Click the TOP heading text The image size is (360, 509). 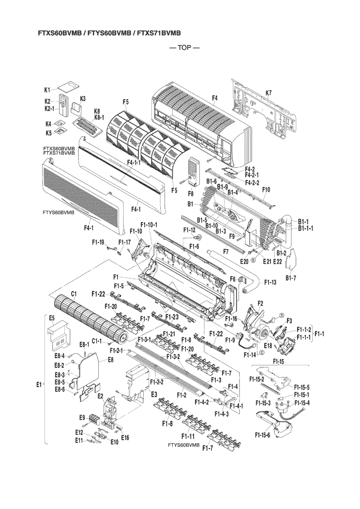[x=184, y=48]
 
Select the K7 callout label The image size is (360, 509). [x=269, y=93]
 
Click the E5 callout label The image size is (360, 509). [x=52, y=318]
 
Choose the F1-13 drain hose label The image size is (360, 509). [x=270, y=283]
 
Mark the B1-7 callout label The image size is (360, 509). [x=290, y=278]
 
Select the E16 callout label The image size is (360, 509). [x=125, y=438]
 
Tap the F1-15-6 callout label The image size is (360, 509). [x=262, y=435]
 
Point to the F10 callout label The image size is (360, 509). [x=266, y=189]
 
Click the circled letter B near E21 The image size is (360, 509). [x=253, y=260]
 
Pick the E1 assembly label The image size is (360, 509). [x=39, y=385]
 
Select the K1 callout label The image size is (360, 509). [x=47, y=90]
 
